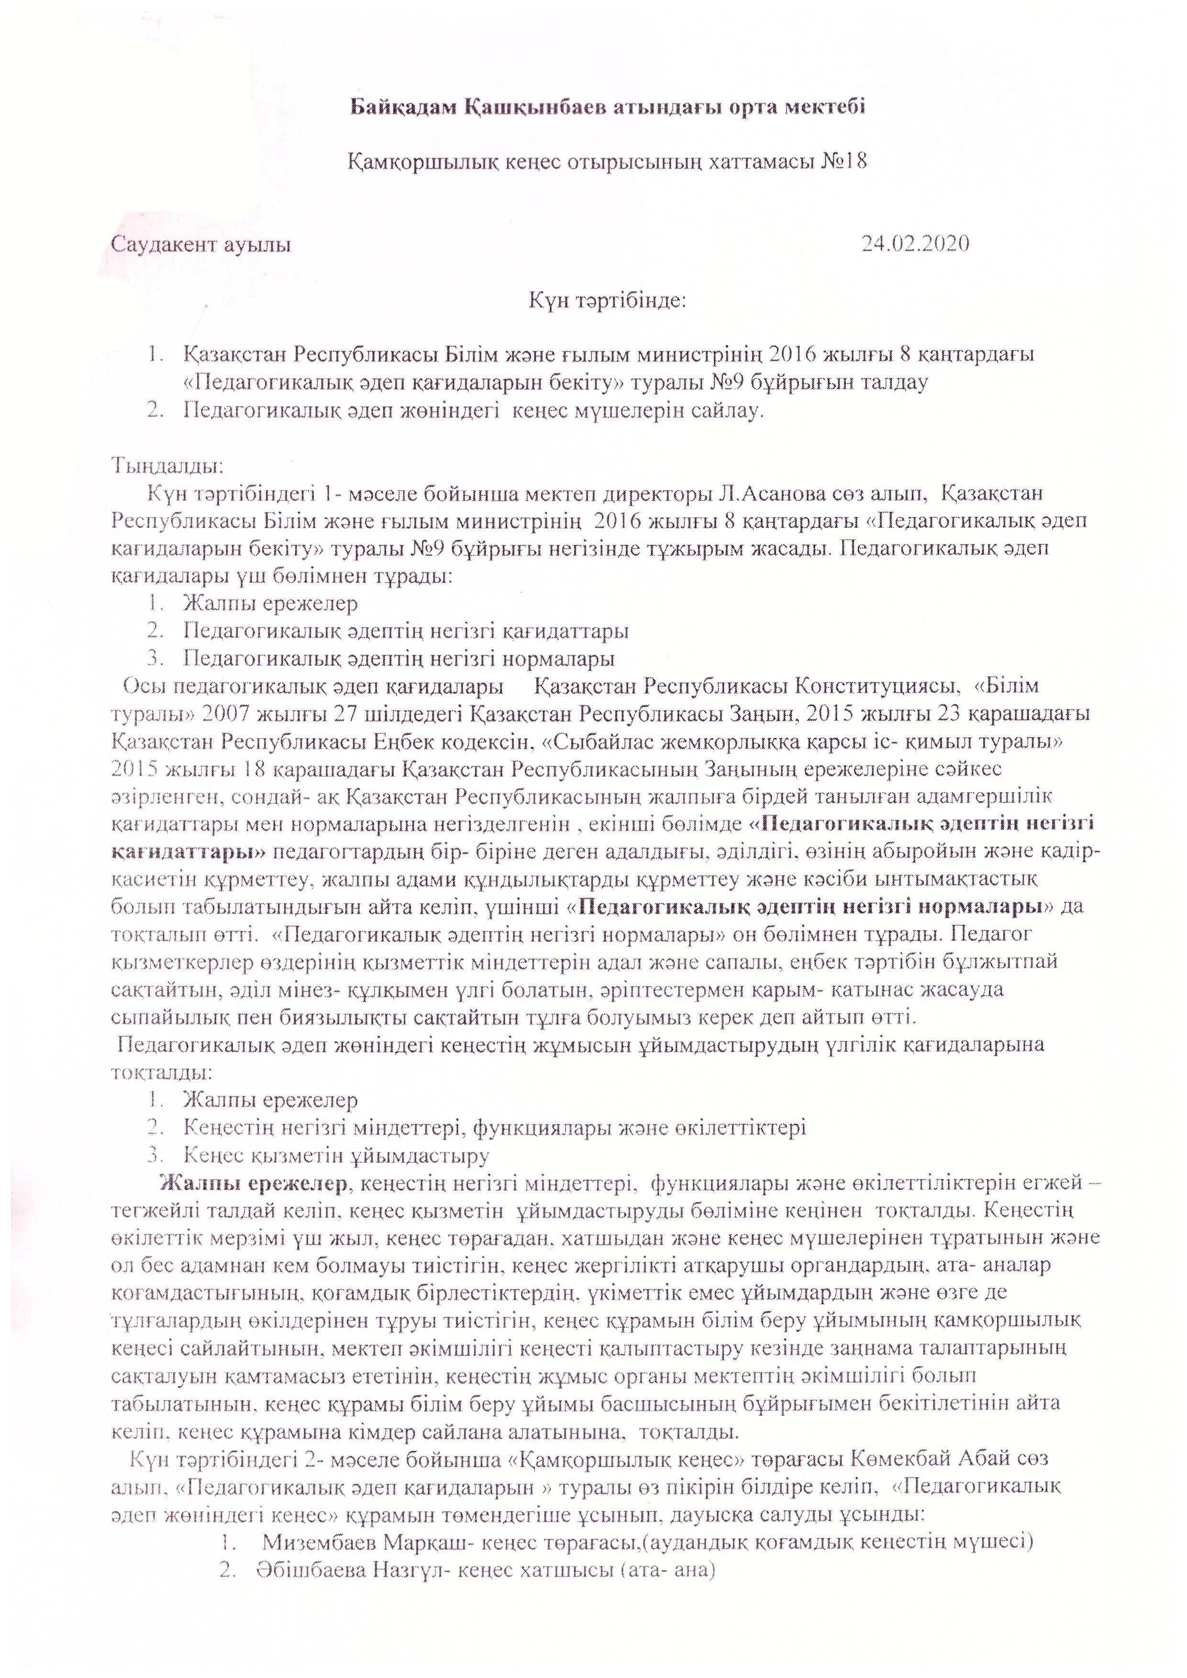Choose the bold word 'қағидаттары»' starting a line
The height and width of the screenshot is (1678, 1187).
click(189, 851)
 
